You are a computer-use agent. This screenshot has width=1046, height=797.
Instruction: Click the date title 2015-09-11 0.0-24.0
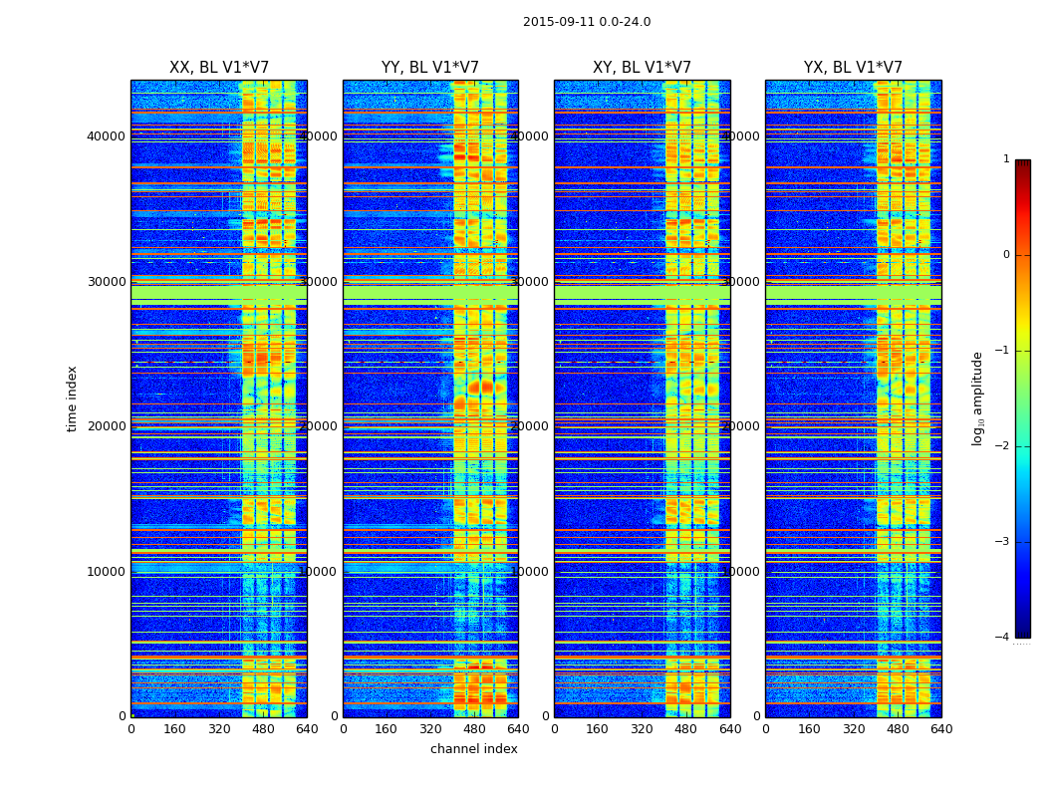click(587, 22)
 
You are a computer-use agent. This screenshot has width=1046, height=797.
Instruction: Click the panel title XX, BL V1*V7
click(219, 68)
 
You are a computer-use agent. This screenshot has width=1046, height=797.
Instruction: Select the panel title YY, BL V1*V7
click(430, 68)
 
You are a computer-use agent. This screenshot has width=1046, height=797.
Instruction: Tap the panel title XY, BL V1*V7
click(642, 68)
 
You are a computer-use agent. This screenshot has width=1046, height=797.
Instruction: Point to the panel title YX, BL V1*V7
click(853, 68)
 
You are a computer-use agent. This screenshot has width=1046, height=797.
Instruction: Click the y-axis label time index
click(72, 398)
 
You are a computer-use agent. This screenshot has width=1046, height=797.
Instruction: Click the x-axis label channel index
click(474, 749)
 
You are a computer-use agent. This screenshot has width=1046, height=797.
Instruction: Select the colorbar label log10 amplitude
click(978, 398)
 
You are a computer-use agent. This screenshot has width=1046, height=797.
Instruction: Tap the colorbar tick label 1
click(1006, 159)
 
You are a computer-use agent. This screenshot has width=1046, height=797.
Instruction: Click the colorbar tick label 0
click(1006, 255)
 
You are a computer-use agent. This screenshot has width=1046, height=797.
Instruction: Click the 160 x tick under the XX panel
click(174, 728)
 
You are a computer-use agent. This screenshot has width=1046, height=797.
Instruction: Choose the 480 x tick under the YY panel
click(474, 728)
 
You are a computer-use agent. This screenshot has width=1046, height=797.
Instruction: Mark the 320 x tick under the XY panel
click(642, 728)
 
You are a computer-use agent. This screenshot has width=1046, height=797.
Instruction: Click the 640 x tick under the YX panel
click(941, 728)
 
